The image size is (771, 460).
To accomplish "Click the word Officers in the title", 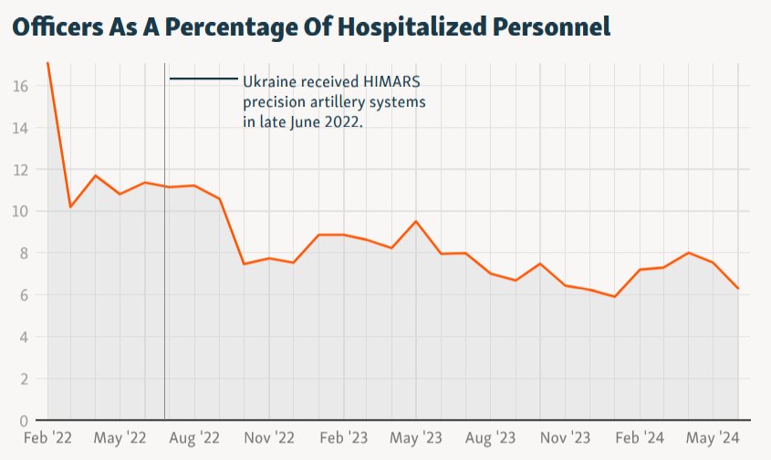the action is click(x=57, y=26).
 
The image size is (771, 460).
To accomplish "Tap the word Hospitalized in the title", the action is click(x=414, y=27).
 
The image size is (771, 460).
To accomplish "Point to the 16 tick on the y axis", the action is click(x=21, y=87).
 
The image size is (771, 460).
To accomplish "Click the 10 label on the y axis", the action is click(x=21, y=212).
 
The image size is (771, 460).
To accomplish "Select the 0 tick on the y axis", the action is click(x=24, y=421).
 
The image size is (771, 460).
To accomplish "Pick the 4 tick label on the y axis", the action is click(x=24, y=338).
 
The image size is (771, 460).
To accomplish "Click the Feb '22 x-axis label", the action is click(x=47, y=438).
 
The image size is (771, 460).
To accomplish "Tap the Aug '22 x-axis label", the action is click(x=194, y=438).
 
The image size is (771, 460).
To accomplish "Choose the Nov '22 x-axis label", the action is click(x=269, y=438).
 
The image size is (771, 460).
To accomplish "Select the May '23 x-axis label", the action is click(x=416, y=438).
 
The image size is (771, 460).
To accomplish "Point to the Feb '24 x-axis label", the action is click(x=640, y=438).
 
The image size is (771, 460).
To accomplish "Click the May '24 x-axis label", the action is click(x=713, y=438).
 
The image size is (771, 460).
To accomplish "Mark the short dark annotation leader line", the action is click(x=203, y=78).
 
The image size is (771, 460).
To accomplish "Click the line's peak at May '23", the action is click(x=416, y=222).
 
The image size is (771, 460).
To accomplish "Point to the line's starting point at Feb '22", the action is click(x=47, y=63).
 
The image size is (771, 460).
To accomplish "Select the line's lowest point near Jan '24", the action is click(x=614, y=297).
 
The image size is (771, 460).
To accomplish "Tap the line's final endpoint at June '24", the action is click(x=738, y=288).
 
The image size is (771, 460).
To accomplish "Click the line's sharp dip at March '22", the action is click(x=71, y=207).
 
